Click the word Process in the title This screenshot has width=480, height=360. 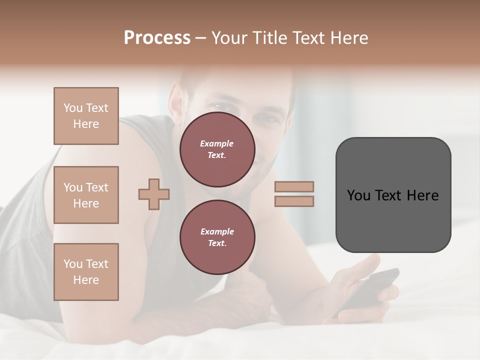coord(157,38)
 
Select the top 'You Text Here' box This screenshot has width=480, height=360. coord(86,116)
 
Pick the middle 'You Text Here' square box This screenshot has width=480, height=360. coord(86,195)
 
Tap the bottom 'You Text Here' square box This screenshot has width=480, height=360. coord(86,272)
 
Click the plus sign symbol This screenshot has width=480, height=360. coord(154,194)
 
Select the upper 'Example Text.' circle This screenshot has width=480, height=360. coord(217,149)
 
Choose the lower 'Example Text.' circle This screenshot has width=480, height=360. coord(217,237)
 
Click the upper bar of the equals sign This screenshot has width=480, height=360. coord(294,186)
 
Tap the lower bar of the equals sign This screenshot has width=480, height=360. coord(294,201)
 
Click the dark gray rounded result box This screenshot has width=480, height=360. coord(393,195)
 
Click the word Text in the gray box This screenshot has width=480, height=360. coord(389,195)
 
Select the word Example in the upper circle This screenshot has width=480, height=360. coord(217,143)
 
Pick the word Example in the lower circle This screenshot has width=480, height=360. coord(217,231)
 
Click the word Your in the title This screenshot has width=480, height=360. coord(229,38)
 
